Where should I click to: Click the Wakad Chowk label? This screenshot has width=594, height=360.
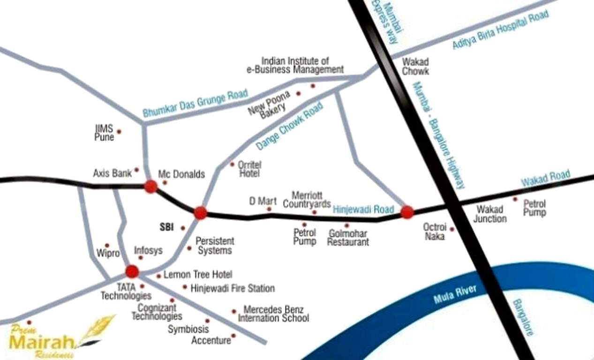pyautogui.click(x=415, y=67)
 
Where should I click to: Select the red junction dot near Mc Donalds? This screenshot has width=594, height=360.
pyautogui.click(x=150, y=187)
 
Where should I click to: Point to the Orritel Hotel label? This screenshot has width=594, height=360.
pyautogui.click(x=249, y=169)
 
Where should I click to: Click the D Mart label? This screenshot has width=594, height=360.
pyautogui.click(x=263, y=201)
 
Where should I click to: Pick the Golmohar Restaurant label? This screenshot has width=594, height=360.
pyautogui.click(x=348, y=238)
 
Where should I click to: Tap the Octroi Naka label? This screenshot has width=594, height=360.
pyautogui.click(x=434, y=232)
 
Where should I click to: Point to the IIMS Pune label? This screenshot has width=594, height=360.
pyautogui.click(x=105, y=133)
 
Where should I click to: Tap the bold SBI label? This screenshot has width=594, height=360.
pyautogui.click(x=166, y=227)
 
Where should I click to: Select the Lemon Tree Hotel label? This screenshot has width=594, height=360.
pyautogui.click(x=197, y=274)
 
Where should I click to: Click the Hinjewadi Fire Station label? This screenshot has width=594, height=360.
pyautogui.click(x=233, y=288)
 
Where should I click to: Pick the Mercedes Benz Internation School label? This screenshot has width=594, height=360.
pyautogui.click(x=273, y=314)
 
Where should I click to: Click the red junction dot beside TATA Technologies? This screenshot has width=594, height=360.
pyautogui.click(x=132, y=271)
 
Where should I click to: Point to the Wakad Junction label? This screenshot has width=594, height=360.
pyautogui.click(x=490, y=214)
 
